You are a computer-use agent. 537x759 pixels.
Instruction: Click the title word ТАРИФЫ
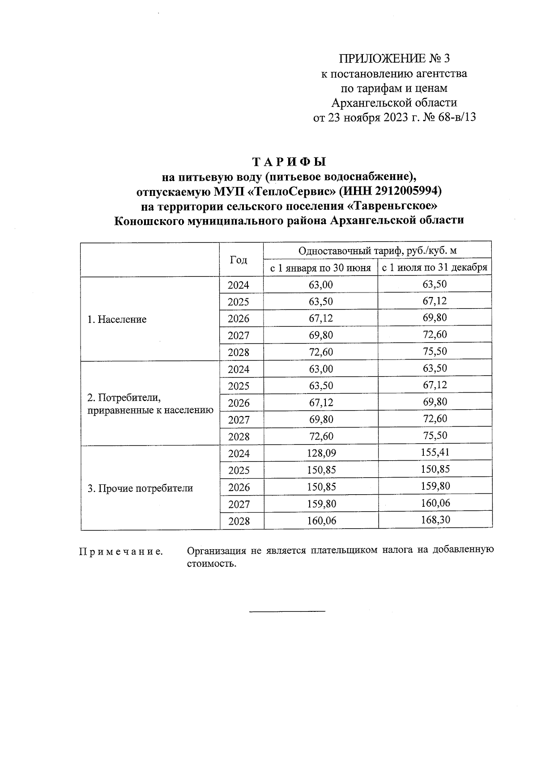[x=290, y=161]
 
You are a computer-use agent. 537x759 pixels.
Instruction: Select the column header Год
[x=238, y=260]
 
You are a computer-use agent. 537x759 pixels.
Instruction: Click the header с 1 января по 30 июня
[x=320, y=268]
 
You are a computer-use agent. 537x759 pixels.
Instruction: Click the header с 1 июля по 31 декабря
[x=434, y=268]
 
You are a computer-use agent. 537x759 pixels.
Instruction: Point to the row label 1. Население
[x=117, y=319]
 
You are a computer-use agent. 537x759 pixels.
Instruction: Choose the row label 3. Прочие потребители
[x=140, y=488]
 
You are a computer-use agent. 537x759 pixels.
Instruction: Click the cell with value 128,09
[x=321, y=454]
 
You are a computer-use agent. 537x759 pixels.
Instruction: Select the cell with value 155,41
[x=435, y=453]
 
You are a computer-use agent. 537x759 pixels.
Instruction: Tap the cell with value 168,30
[x=435, y=520]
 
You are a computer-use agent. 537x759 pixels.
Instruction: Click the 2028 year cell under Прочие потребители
[x=239, y=521]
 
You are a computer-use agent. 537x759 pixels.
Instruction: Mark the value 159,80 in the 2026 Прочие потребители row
[x=435, y=486]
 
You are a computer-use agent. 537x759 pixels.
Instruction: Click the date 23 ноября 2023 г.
[x=374, y=118]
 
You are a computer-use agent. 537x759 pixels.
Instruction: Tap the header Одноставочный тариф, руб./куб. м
[x=377, y=250]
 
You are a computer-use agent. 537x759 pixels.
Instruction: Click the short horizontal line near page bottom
[x=287, y=611]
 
